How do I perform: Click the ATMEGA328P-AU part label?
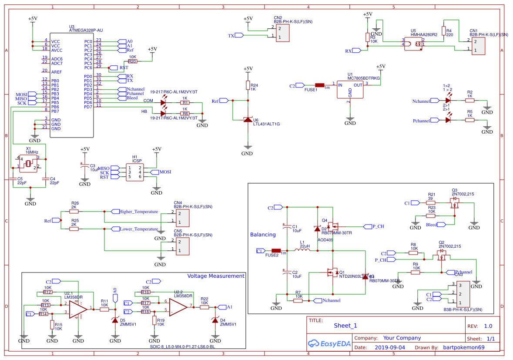(86, 30)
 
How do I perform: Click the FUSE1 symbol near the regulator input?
(320, 85)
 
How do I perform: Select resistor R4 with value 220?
(443, 31)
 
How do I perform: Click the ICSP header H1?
(134, 172)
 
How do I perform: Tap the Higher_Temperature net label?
(138, 212)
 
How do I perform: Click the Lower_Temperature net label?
(138, 229)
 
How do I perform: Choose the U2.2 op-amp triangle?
(178, 307)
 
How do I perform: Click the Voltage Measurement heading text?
(216, 276)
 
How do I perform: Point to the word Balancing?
(263, 235)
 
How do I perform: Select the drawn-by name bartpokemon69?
(463, 347)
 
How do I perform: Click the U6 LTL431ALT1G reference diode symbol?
(248, 119)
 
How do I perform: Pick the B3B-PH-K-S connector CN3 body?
(463, 293)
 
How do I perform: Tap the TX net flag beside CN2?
(239, 35)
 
